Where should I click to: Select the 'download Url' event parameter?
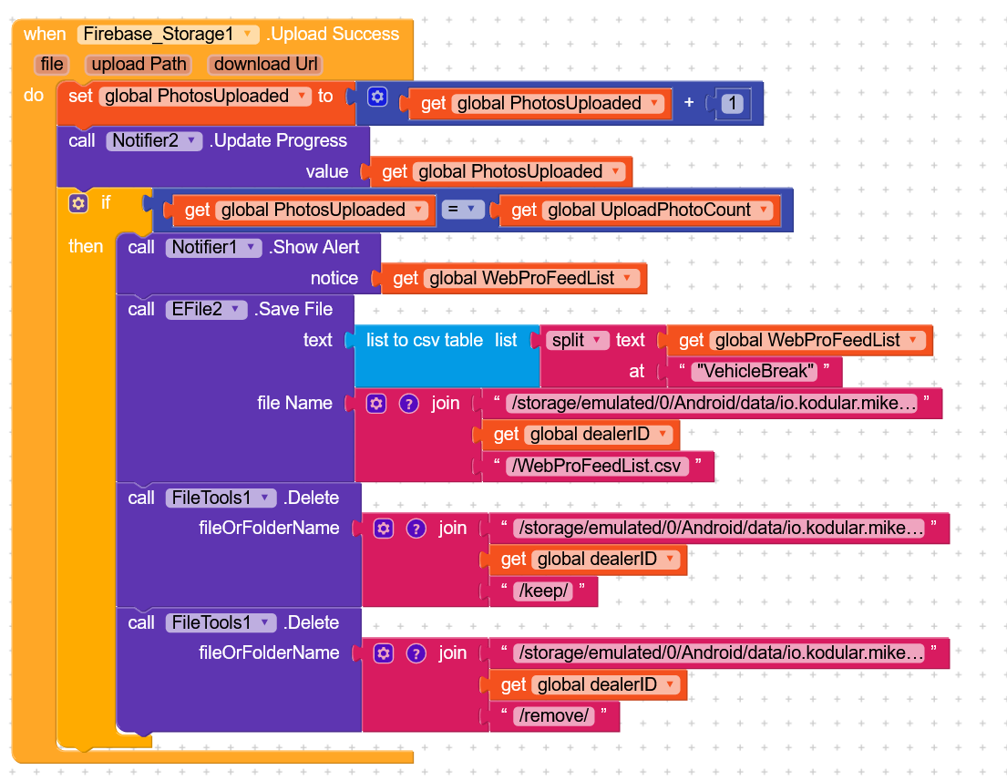tap(266, 65)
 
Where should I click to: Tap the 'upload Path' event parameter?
tap(139, 65)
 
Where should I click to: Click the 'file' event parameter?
tap(52, 65)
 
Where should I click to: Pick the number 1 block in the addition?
tap(731, 104)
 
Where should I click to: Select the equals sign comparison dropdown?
tap(462, 211)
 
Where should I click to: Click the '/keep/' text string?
tap(544, 591)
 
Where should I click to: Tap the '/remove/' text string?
tap(554, 716)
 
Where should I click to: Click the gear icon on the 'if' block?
tap(79, 203)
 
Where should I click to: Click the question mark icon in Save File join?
tap(409, 404)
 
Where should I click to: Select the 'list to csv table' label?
tap(424, 341)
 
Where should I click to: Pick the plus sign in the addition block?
tap(689, 103)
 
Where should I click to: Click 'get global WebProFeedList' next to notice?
tap(514, 279)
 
